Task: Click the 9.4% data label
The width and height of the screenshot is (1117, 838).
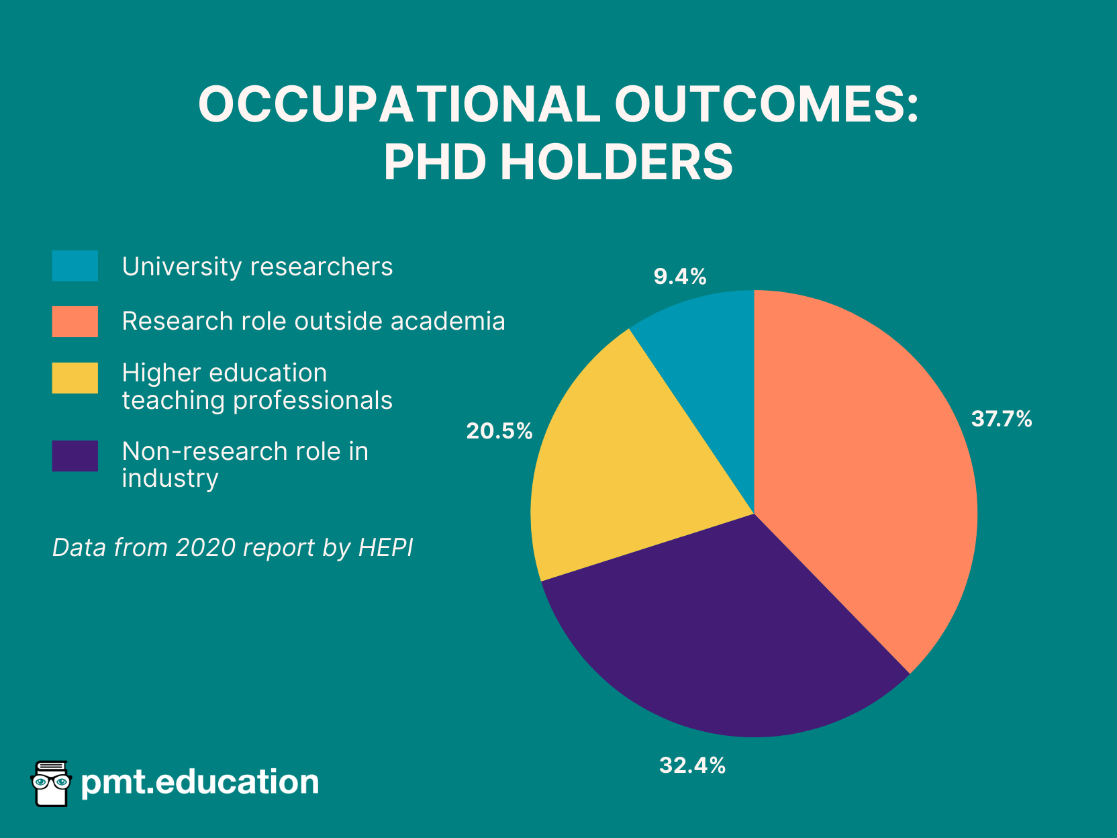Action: click(680, 277)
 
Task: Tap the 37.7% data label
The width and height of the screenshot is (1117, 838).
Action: click(1002, 419)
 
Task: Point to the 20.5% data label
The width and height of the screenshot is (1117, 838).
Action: click(499, 431)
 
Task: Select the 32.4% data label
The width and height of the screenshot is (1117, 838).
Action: click(692, 765)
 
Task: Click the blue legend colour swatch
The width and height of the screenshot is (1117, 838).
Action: click(75, 266)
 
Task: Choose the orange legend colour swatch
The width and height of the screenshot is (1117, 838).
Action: click(75, 321)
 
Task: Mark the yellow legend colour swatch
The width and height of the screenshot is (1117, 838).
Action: click(75, 377)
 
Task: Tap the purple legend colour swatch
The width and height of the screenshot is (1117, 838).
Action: click(75, 456)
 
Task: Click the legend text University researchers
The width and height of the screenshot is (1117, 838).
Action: click(257, 267)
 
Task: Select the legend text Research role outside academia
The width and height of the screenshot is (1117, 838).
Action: click(313, 321)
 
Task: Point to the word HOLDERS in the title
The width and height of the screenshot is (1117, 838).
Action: click(616, 162)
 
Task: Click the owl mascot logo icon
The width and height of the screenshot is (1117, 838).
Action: click(51, 783)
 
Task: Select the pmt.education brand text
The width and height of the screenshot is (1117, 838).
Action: click(199, 782)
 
